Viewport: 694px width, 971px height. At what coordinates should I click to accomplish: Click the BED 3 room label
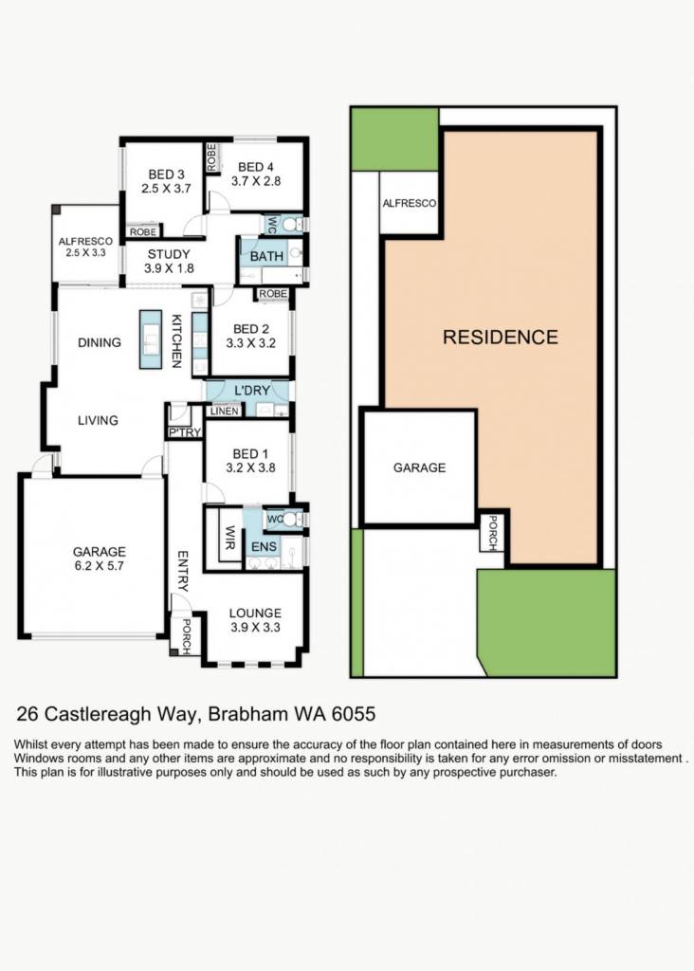tap(166, 174)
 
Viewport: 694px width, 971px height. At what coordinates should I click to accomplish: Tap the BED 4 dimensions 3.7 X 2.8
tap(256, 181)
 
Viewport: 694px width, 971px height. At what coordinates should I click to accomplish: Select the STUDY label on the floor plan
tap(169, 254)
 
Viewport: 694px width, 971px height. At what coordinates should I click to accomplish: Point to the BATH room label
tap(266, 256)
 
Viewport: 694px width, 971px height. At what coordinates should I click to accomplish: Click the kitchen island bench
tap(151, 339)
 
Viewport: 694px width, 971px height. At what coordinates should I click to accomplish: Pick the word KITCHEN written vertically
tap(176, 341)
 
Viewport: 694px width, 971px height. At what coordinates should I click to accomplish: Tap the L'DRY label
tap(252, 390)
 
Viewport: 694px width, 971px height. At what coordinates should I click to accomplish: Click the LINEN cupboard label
tap(224, 411)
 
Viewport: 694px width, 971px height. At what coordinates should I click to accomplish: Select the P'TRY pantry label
tap(185, 432)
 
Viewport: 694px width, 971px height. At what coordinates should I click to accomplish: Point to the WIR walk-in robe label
tap(229, 538)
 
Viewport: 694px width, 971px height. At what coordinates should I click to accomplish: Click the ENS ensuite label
tap(264, 547)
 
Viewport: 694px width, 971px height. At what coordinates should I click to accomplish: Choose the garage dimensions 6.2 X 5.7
tap(99, 565)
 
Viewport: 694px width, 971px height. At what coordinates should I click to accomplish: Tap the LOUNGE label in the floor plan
tap(255, 614)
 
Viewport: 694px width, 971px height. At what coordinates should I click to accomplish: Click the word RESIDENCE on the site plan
tap(501, 337)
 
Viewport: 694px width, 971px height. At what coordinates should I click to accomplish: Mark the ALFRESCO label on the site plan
tap(410, 203)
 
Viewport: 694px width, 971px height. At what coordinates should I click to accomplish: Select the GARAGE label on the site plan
tap(419, 467)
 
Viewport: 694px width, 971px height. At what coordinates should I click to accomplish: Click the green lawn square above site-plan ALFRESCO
tap(395, 139)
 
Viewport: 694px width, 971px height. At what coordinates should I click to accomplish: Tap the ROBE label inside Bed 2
tap(273, 294)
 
